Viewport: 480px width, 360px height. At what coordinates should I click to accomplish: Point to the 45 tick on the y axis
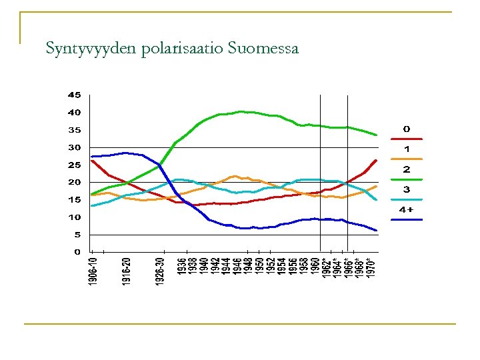[74, 95]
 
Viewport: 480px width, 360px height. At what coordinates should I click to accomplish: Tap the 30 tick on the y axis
[74, 147]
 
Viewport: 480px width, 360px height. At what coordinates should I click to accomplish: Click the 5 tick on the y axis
[77, 235]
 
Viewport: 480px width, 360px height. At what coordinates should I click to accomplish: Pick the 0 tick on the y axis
[77, 252]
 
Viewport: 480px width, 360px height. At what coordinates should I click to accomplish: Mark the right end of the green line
[377, 135]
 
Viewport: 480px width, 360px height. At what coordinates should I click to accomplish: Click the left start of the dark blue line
[92, 156]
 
